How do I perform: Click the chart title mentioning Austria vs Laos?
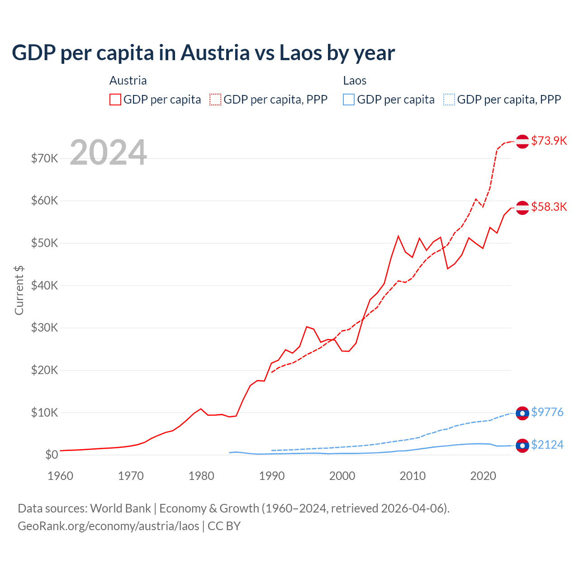[x=203, y=53]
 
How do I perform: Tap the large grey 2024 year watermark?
[x=108, y=152]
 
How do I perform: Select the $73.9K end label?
[x=549, y=141]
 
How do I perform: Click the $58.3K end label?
[x=549, y=207]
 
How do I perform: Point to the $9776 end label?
[x=547, y=412]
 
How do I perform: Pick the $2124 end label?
[x=547, y=445]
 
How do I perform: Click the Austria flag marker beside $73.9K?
[x=522, y=141]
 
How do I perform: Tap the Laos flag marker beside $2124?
[x=522, y=445]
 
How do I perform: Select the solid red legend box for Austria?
[x=115, y=100]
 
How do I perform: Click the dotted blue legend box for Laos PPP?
[x=449, y=100]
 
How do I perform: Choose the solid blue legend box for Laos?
[x=349, y=100]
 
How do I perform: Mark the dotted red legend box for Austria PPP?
[x=215, y=100]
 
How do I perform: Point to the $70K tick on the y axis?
[x=44, y=158]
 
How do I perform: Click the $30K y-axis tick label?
[x=44, y=327]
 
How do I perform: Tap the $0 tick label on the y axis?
[x=51, y=455]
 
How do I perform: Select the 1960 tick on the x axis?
[x=60, y=476]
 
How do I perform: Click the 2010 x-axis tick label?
[x=413, y=476]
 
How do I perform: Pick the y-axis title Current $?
[x=19, y=290]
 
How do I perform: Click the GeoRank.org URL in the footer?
[x=109, y=526]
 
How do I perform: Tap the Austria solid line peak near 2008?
[x=398, y=236]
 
